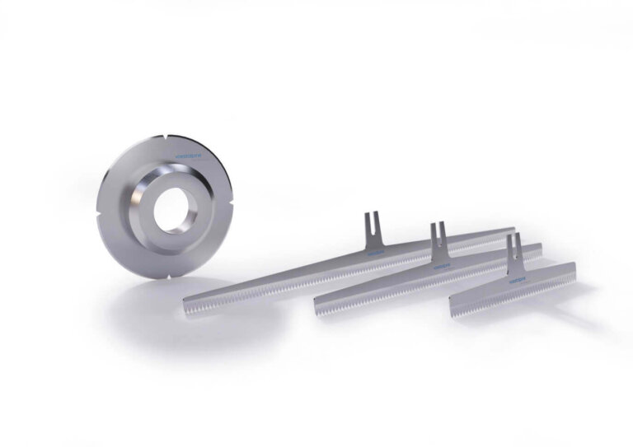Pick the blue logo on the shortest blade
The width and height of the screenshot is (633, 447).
click(520, 278)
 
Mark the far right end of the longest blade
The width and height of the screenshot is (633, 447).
click(513, 231)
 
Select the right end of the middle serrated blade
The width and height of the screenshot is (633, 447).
click(541, 246)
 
